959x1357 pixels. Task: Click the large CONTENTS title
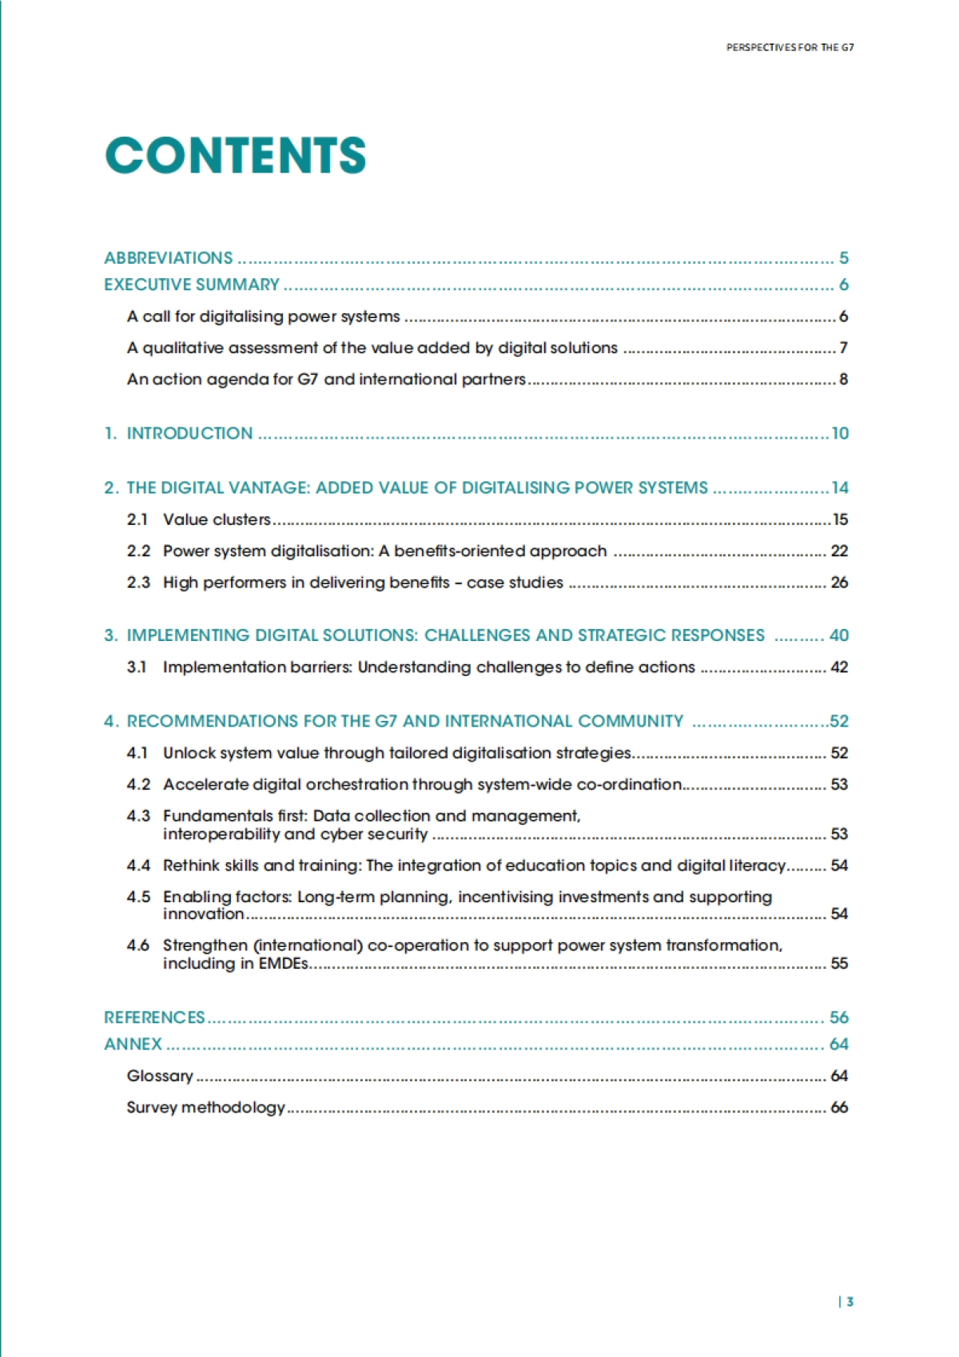(x=236, y=155)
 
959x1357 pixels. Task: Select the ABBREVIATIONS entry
(x=169, y=258)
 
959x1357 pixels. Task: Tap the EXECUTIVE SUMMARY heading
(x=192, y=285)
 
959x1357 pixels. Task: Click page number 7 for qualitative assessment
(x=843, y=348)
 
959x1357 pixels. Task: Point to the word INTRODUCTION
(x=189, y=433)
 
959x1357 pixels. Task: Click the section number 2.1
(x=137, y=519)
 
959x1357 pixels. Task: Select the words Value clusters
(x=217, y=519)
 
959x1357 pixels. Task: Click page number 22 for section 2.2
(x=839, y=551)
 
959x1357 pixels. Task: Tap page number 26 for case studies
(x=839, y=583)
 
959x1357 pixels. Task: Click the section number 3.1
(x=137, y=667)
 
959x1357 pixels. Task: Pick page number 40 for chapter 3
(x=839, y=635)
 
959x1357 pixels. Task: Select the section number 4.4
(x=138, y=866)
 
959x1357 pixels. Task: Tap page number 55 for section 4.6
(x=839, y=963)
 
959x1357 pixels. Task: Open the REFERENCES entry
(x=154, y=1017)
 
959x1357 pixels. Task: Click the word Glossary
(x=160, y=1076)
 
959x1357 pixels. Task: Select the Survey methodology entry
(x=205, y=1107)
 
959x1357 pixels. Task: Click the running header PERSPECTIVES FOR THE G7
(x=790, y=47)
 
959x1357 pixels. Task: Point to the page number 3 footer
(x=850, y=1301)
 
